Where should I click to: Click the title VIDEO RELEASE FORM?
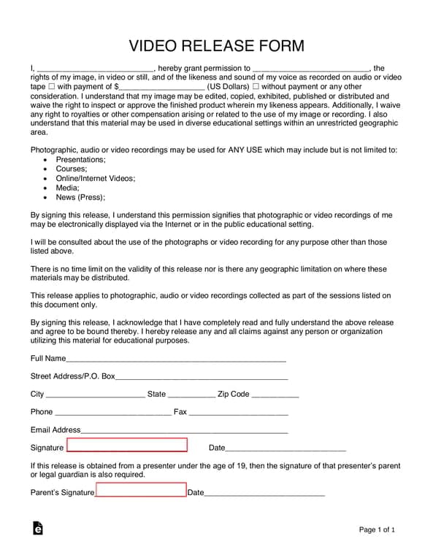[216, 46]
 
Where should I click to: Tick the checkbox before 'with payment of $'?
[51, 87]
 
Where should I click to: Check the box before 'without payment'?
[256, 87]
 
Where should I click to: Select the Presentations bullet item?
[80, 159]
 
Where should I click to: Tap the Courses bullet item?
[72, 168]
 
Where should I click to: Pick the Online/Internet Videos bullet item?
[95, 178]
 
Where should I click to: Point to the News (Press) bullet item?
[80, 197]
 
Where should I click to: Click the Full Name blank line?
[176, 358]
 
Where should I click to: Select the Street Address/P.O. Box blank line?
[202, 376]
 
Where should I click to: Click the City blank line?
[95, 394]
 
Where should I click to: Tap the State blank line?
[191, 394]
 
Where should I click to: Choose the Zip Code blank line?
[275, 394]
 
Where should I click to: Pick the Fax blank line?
[238, 412]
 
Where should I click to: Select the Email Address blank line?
[184, 429]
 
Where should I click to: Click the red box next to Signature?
[127, 446]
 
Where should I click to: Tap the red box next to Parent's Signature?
[141, 491]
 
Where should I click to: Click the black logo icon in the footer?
[38, 529]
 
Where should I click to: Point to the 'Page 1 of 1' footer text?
[377, 529]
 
